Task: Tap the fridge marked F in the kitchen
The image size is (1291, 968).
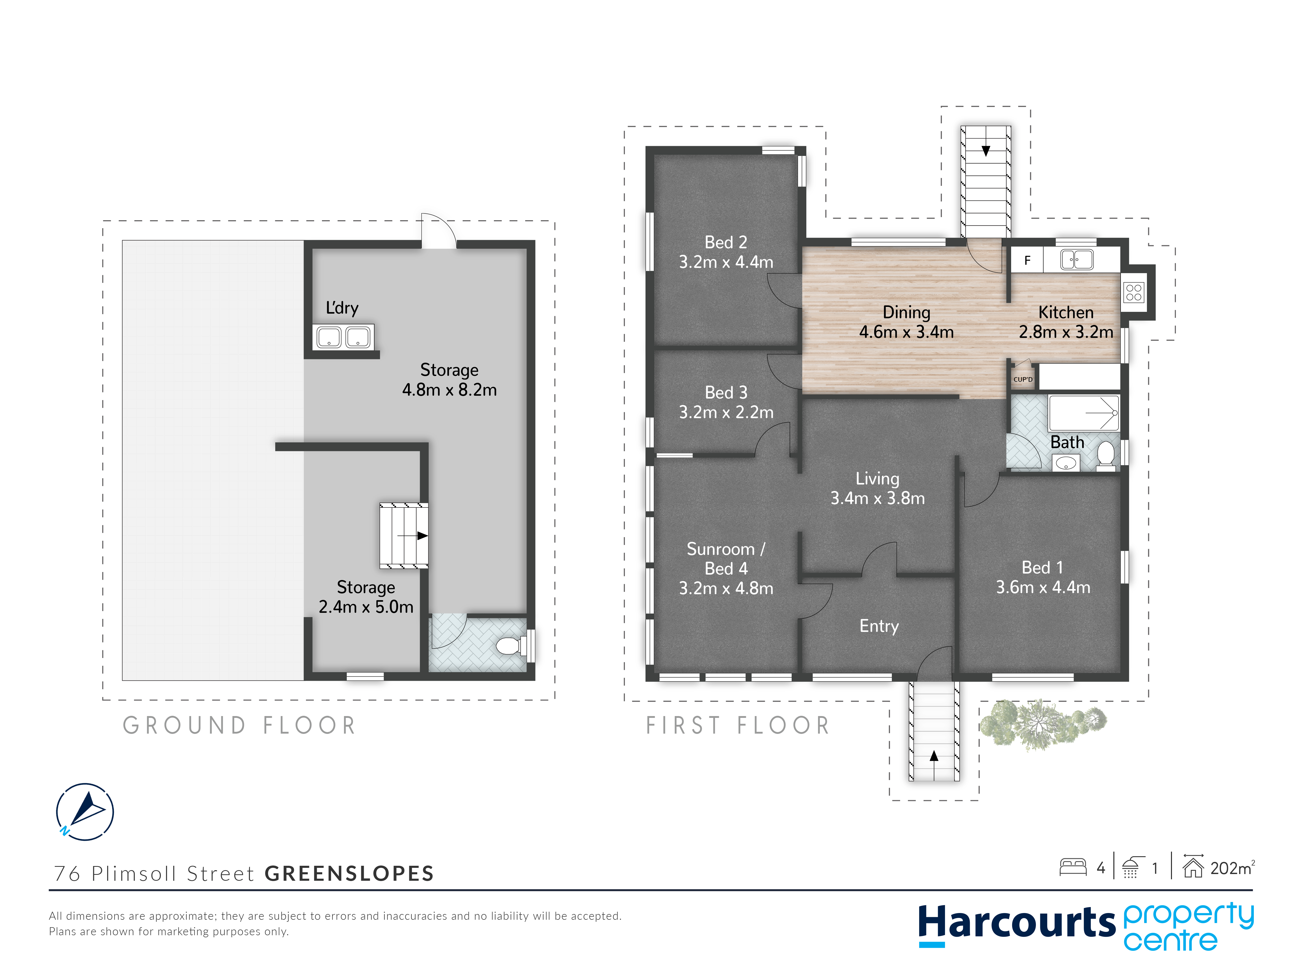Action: (1027, 260)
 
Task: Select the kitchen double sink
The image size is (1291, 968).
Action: (1077, 259)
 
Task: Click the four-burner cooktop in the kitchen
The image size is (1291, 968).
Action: (1133, 292)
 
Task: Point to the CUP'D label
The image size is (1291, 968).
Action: (1022, 379)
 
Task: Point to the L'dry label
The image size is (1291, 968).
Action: (342, 308)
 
